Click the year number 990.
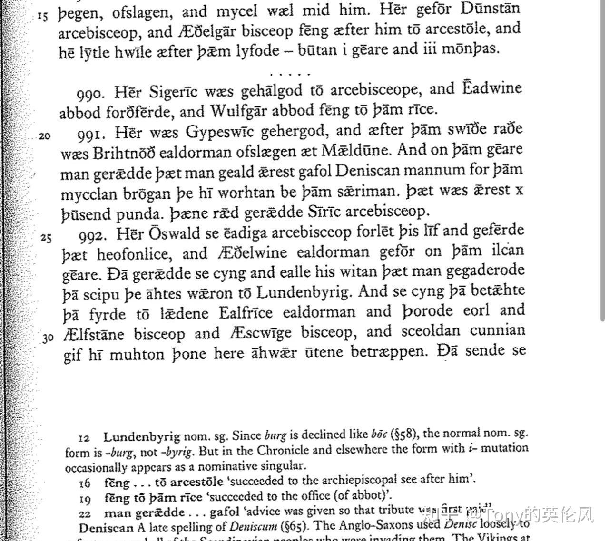(x=89, y=93)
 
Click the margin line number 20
(x=44, y=136)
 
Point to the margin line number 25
(x=46, y=237)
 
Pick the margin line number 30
(x=48, y=338)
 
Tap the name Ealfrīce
(x=246, y=313)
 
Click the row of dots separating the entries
(x=290, y=74)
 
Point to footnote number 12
(x=84, y=436)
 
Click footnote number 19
(x=85, y=499)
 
